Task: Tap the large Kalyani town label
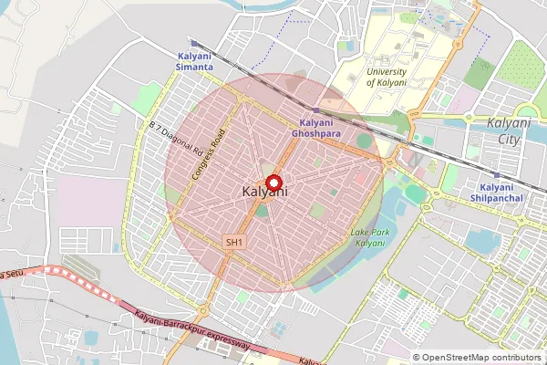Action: click(266, 193)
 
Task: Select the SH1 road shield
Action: click(235, 242)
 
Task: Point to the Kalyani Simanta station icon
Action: click(194, 43)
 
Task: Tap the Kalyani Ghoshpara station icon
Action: click(315, 109)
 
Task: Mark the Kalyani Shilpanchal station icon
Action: click(496, 174)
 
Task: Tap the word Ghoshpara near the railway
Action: click(315, 133)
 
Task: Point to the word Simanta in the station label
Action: click(195, 68)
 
